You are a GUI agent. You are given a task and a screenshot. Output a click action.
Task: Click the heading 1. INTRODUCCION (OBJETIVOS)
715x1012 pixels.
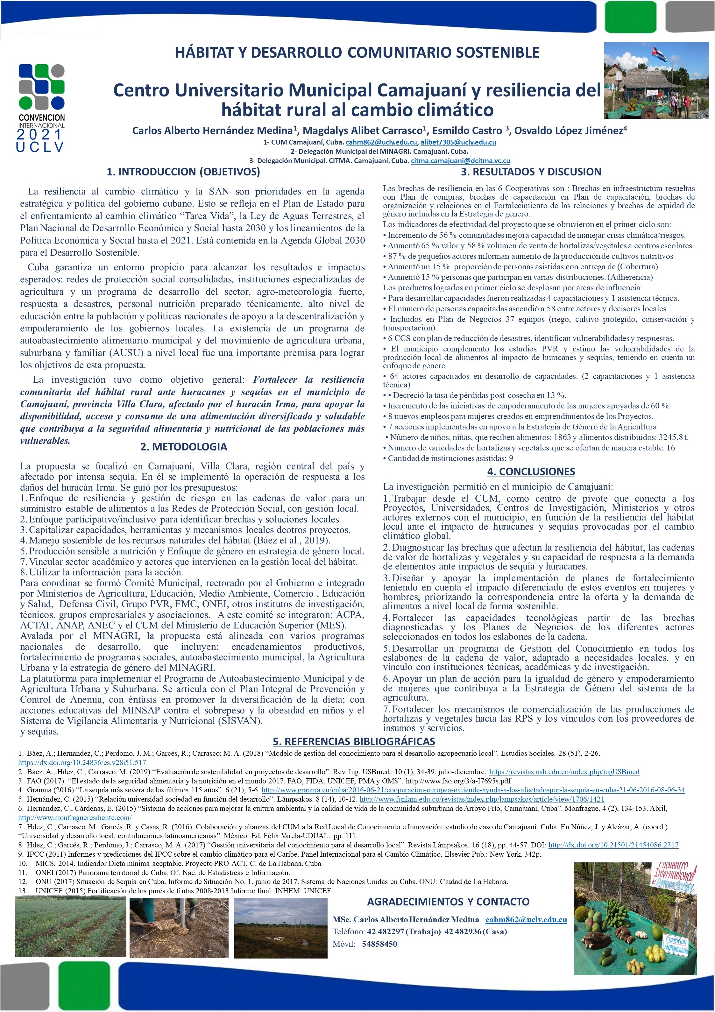click(x=183, y=172)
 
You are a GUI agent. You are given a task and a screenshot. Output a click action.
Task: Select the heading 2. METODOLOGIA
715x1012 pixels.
click(x=183, y=447)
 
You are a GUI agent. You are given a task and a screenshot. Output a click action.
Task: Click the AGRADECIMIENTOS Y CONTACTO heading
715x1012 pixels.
click(x=448, y=902)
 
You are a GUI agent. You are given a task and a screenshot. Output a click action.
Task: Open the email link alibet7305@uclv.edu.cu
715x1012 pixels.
click(x=458, y=142)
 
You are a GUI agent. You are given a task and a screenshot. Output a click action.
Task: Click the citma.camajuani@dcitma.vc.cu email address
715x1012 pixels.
click(x=460, y=161)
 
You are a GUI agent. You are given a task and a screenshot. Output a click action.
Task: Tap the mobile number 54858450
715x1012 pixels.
click(x=379, y=944)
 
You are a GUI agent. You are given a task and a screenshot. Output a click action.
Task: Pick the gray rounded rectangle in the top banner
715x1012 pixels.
click(x=690, y=17)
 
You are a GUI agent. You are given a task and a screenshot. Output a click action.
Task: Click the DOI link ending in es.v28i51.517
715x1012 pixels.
click(x=82, y=762)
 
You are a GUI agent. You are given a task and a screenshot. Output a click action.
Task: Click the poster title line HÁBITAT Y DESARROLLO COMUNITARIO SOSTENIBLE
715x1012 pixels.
click(x=357, y=53)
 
